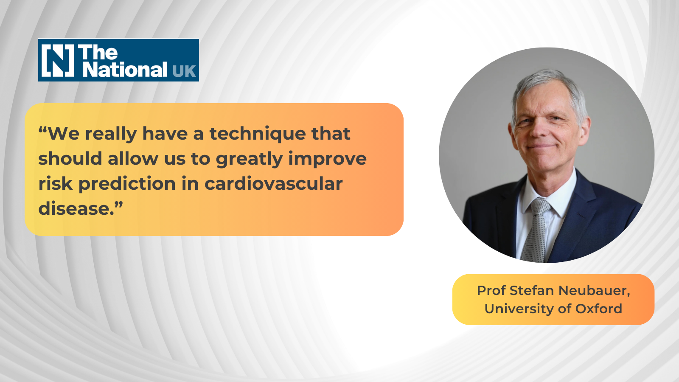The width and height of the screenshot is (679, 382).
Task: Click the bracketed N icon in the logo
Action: [x=58, y=60]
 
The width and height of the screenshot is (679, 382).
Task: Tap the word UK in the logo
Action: [x=184, y=71]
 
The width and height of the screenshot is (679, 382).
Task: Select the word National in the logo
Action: [x=125, y=70]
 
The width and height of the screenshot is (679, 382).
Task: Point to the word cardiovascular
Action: [x=273, y=183]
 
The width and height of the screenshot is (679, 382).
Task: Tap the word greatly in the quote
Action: [x=249, y=159]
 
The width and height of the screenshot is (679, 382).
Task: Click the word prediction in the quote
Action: [x=127, y=183]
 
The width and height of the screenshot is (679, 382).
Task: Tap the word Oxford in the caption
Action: [x=599, y=309]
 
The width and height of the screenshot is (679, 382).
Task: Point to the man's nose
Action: [x=539, y=129]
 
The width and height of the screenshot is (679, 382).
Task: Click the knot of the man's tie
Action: [x=539, y=206]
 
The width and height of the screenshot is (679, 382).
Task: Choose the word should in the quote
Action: [x=70, y=159]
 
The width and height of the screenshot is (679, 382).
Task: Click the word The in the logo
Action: [x=98, y=53]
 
